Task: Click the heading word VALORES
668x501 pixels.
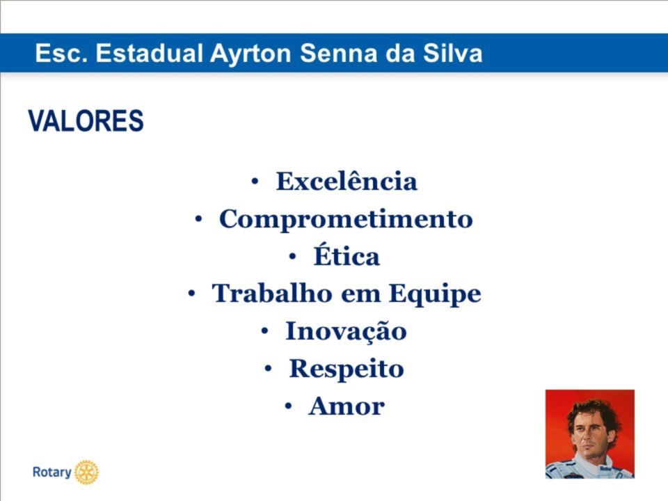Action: pos(86,120)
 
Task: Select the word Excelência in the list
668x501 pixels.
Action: pos(347,181)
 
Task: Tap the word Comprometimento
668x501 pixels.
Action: pos(346,219)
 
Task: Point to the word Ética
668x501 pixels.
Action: pos(347,255)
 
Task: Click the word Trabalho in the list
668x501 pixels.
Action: pos(272,293)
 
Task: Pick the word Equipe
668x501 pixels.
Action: pos(435,294)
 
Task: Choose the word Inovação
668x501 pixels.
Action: pos(346,331)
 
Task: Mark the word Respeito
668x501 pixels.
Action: pos(347,369)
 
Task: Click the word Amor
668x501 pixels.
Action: pos(347,406)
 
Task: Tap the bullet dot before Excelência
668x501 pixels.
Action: pos(255,182)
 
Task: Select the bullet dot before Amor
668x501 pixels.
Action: pos(288,406)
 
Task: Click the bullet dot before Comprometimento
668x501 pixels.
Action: pos(198,219)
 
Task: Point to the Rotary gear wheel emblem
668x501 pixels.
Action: pos(86,472)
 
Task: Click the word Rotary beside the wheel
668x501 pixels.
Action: pos(52,472)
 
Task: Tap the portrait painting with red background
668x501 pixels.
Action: pos(590,434)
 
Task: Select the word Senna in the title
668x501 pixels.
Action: pos(339,54)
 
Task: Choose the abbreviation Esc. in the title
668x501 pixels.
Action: pos(61,54)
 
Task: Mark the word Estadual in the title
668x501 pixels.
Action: pos(149,54)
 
